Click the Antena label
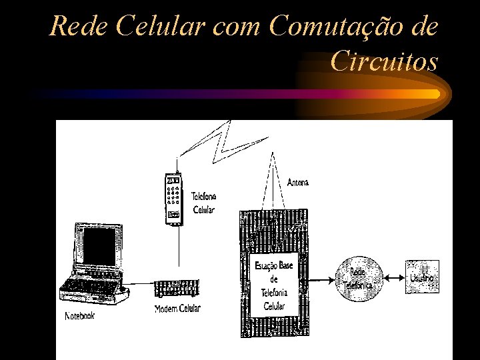tap(298, 182)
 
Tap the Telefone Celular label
tap(203, 203)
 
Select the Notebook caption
tap(79, 315)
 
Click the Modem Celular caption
tap(177, 308)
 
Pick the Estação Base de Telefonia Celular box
tap(274, 285)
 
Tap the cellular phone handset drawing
tap(173, 198)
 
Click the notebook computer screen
tap(99, 246)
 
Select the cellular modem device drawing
tap(177, 289)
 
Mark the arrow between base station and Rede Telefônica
tap(325, 279)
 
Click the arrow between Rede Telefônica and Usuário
tap(396, 278)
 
